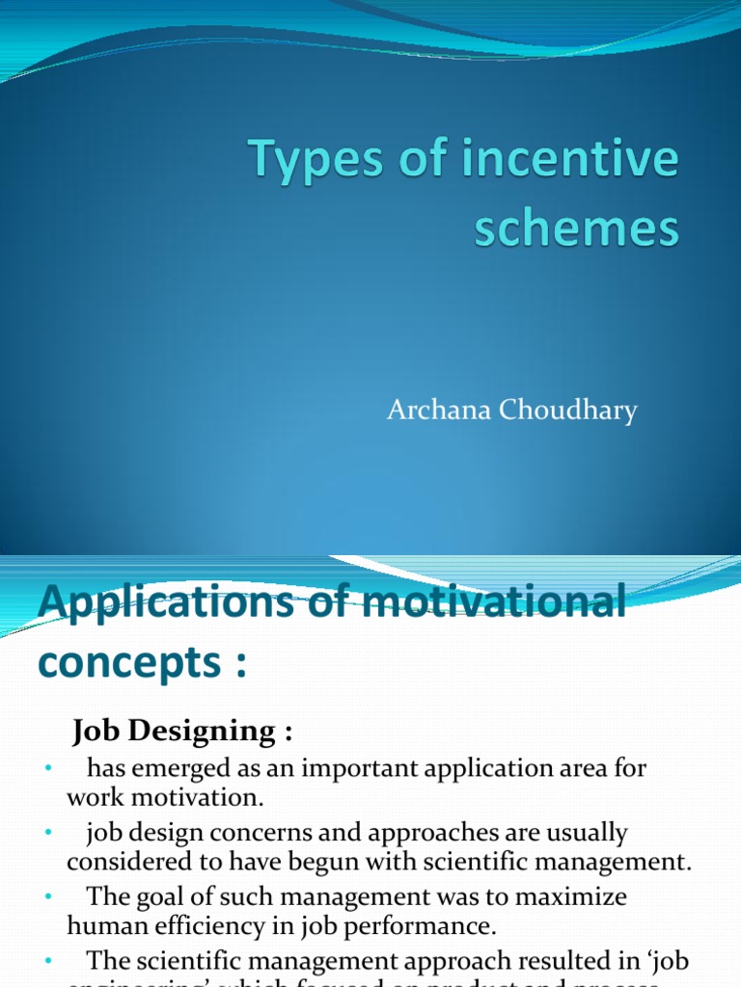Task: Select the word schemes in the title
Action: pos(576,230)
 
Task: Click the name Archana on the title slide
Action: pos(439,411)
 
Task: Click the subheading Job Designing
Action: pos(181,733)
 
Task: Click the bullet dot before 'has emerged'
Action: pos(46,769)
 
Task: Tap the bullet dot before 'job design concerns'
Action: pos(46,833)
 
